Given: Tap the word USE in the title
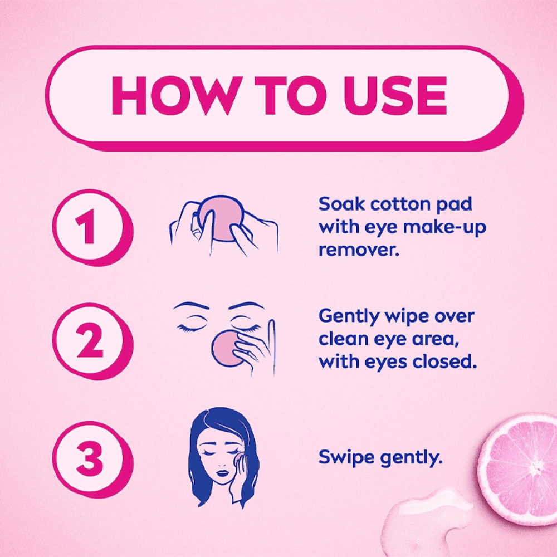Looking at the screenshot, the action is point(395,95).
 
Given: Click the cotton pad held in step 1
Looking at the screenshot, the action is point(219,218).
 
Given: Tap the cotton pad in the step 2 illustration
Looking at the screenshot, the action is point(227,348).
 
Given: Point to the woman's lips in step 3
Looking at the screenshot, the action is point(223,473).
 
